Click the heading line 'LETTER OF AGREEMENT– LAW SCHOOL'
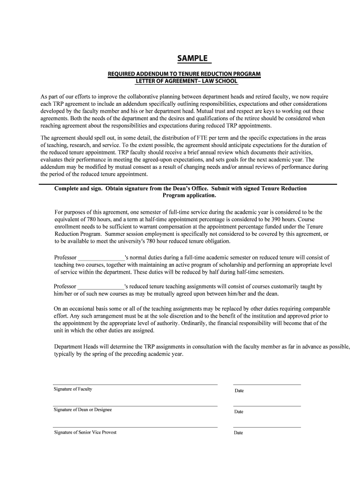(x=185, y=82)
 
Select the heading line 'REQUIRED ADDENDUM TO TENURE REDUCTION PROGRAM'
(x=184, y=74)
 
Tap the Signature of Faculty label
(x=72, y=389)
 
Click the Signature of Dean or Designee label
(x=83, y=410)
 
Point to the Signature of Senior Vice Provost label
(x=85, y=432)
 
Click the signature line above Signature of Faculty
(x=135, y=385)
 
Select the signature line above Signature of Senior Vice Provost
(x=135, y=427)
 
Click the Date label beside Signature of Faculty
(x=239, y=391)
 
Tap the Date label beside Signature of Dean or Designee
(x=239, y=412)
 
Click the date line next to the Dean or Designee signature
(x=266, y=406)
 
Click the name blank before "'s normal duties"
(x=101, y=258)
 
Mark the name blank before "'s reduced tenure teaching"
(x=101, y=286)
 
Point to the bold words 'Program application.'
(x=189, y=196)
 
